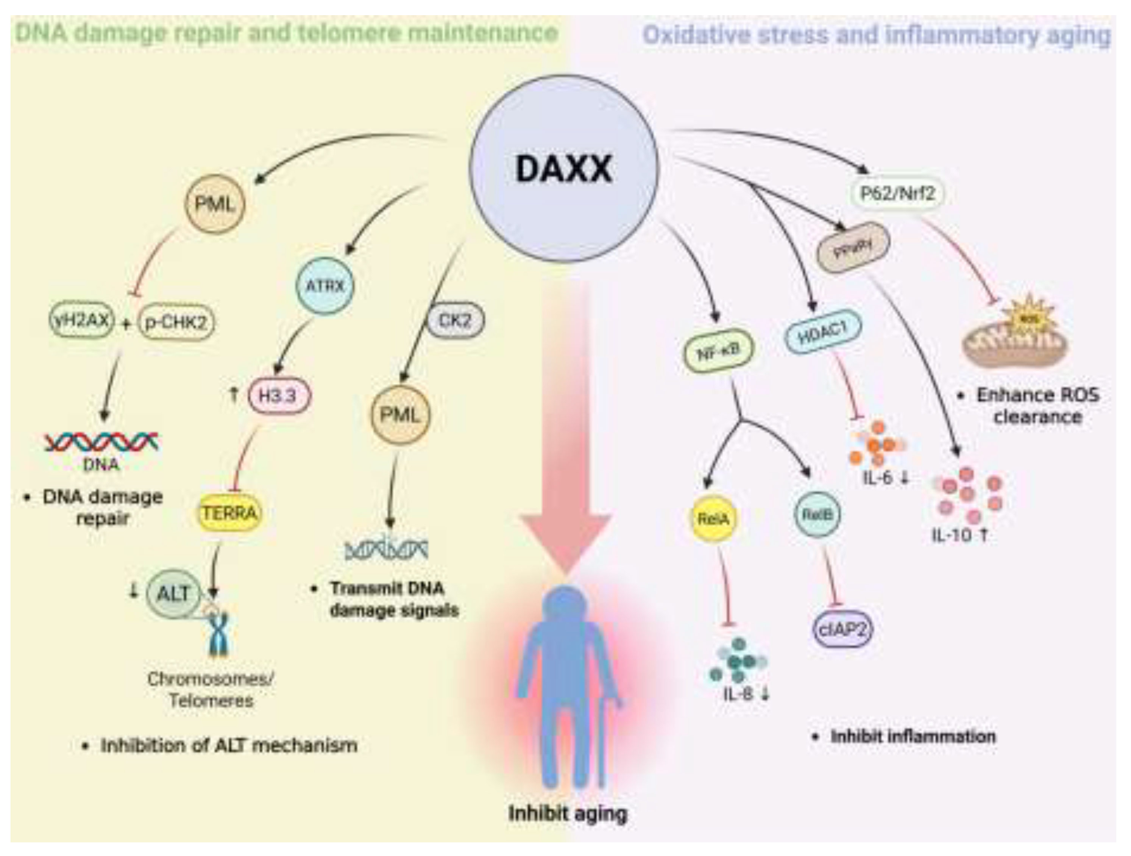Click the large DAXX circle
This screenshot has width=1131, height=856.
coord(564,169)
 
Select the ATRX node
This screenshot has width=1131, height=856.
coord(325,285)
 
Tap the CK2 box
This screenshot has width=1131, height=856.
coord(454,320)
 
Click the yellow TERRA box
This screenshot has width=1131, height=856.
coord(229,512)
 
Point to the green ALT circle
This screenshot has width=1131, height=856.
coord(174,594)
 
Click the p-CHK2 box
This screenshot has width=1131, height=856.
coord(176,322)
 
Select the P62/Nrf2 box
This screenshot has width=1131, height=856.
coord(897,193)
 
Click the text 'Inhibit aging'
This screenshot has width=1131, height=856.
coord(568,813)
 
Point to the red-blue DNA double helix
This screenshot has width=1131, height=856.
coord(101,441)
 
